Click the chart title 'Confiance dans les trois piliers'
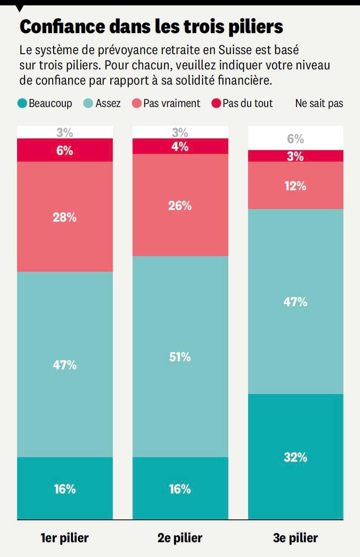tap(151, 26)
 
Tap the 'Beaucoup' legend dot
tap(22, 103)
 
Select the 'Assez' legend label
tap(108, 103)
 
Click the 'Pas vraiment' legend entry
tap(167, 103)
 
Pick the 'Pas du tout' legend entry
tap(242, 103)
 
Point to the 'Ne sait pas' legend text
tap(319, 103)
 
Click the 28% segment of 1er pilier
tap(65, 217)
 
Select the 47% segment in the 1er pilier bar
tap(65, 364)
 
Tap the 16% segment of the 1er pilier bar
tap(65, 488)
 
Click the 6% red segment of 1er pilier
tap(65, 150)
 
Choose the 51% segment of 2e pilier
tap(180, 356)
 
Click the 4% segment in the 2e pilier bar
tap(180, 146)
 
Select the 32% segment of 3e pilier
tap(296, 457)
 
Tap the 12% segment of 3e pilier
tap(296, 185)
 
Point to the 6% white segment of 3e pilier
tap(296, 138)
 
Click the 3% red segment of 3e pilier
tap(296, 156)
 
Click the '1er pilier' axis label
tap(65, 537)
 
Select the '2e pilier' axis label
tap(180, 537)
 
